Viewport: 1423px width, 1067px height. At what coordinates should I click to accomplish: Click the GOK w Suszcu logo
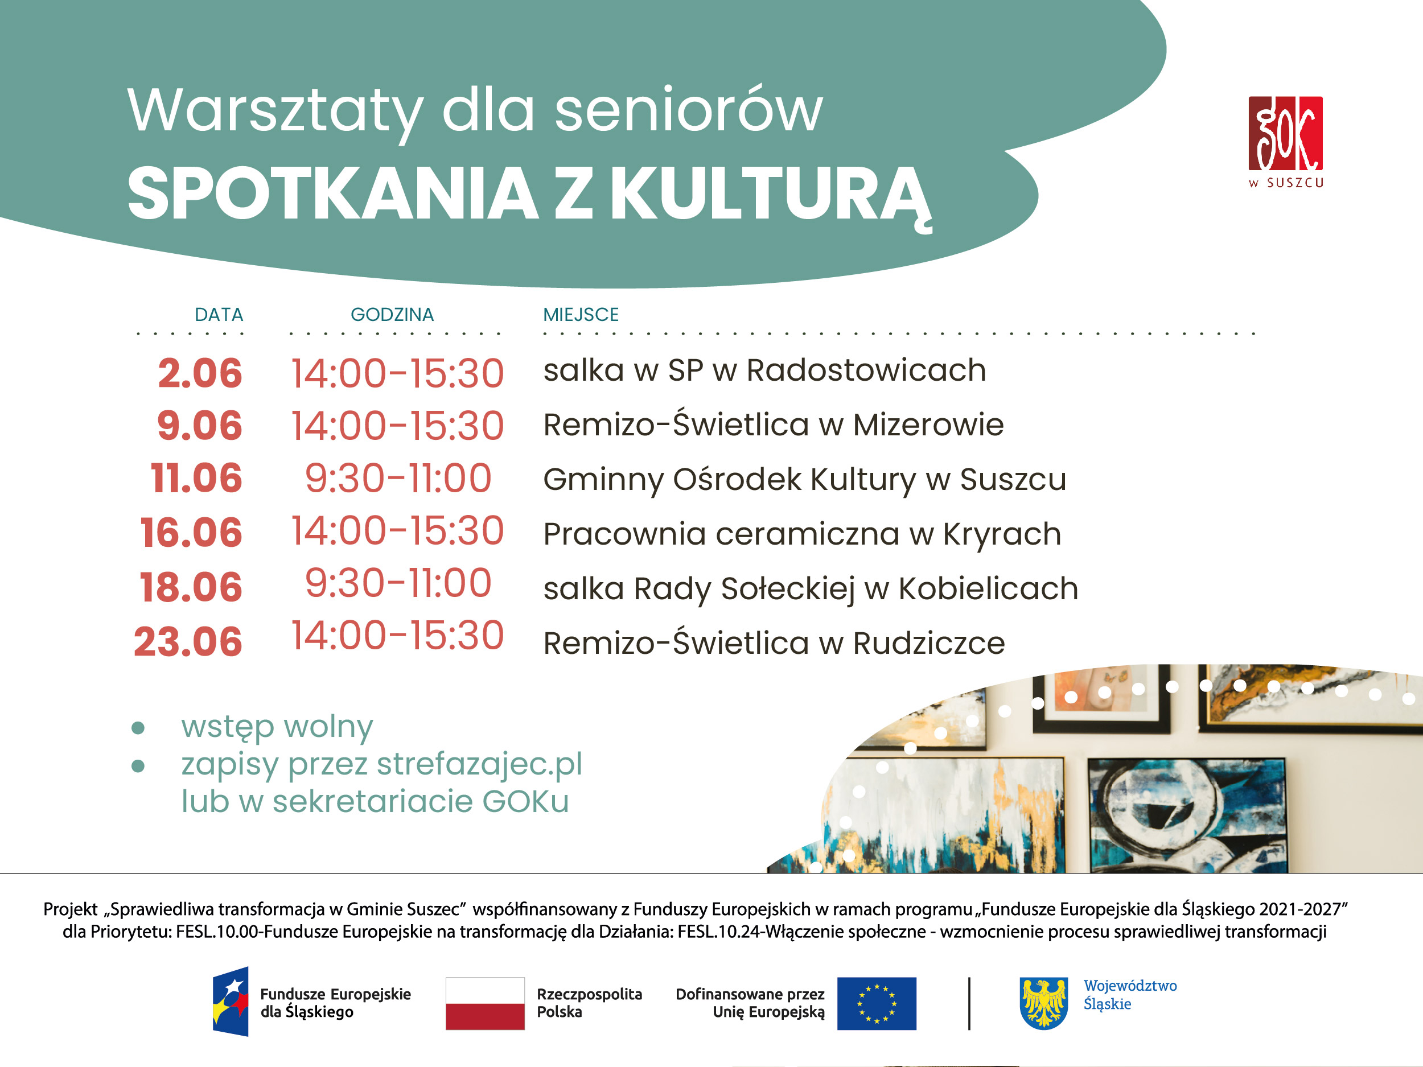click(1285, 142)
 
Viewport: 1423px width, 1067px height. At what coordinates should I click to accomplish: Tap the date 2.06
click(200, 373)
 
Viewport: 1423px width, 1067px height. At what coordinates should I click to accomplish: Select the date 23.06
click(188, 642)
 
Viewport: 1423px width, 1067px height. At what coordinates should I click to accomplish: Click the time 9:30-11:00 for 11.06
click(398, 479)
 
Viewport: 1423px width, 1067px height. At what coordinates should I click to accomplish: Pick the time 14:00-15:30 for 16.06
click(397, 532)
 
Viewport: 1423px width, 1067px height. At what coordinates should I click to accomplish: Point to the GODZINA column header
click(392, 315)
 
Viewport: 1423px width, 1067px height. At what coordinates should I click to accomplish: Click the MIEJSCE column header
click(581, 315)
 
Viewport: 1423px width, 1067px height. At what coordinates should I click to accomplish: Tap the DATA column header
click(219, 315)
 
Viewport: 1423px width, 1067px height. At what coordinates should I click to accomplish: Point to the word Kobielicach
click(988, 588)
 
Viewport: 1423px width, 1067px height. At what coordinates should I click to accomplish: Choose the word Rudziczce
click(929, 643)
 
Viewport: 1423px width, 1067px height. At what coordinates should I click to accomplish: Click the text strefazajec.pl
click(479, 765)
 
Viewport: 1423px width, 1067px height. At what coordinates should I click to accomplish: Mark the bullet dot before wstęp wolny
click(138, 728)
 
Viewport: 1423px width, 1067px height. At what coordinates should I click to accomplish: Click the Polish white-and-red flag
click(485, 1003)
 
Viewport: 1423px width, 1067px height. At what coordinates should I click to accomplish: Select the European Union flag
click(877, 1003)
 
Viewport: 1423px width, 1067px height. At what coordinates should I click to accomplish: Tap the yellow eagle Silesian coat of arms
click(1044, 1003)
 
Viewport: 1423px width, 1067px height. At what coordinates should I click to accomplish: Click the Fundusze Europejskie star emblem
click(231, 1002)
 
